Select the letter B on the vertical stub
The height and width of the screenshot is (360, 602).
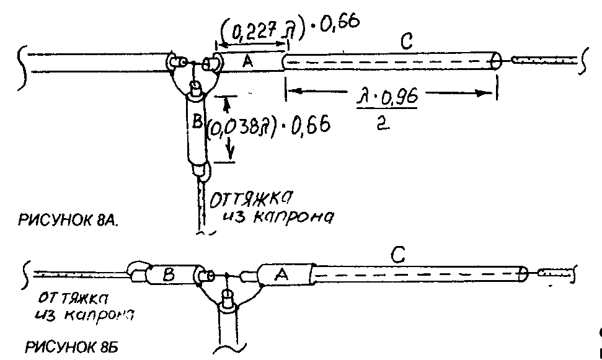pyautogui.click(x=196, y=123)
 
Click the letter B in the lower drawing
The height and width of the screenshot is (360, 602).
pyautogui.click(x=167, y=274)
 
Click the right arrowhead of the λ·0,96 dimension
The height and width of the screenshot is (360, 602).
pyautogui.click(x=484, y=92)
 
